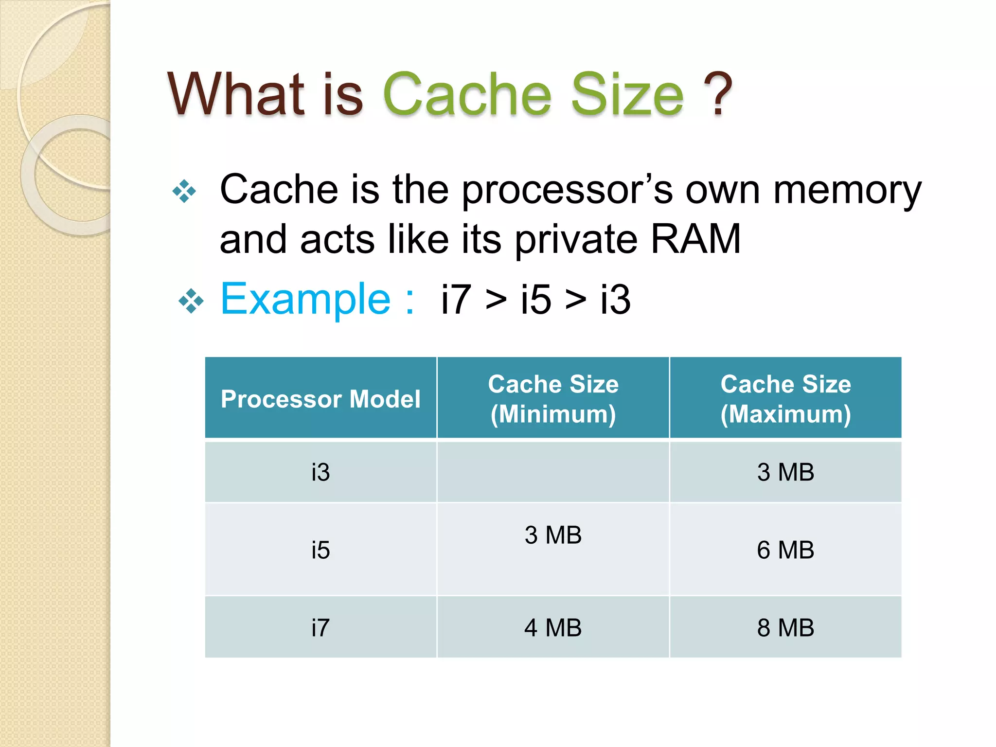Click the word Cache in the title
(467, 94)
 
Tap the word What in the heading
(236, 94)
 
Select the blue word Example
(305, 299)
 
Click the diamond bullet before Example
(191, 301)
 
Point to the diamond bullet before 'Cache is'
(185, 191)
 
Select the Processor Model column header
(320, 399)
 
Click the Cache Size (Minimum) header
(553, 399)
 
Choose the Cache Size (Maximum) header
(785, 399)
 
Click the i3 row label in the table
(320, 472)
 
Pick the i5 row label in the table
(320, 550)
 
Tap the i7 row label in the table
(320, 627)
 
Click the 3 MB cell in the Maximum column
(785, 472)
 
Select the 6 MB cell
(785, 550)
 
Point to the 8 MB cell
(785, 627)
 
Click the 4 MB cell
(553, 627)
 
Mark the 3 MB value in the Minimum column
(553, 535)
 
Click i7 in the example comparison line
(456, 300)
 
